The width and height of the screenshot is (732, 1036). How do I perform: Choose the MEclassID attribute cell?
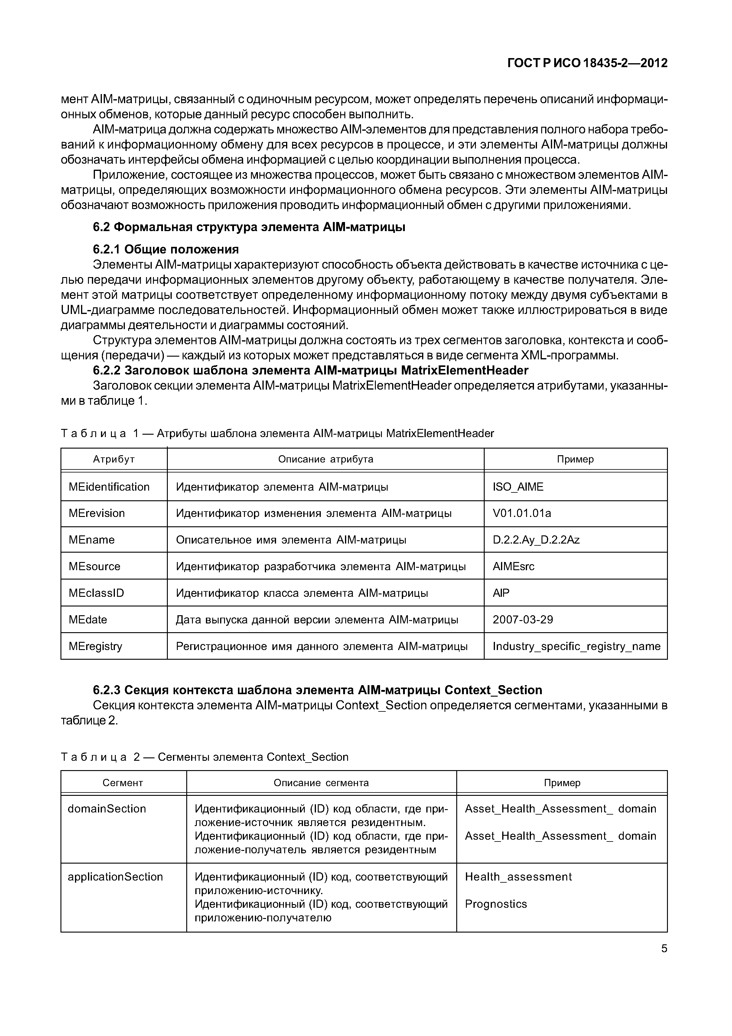pos(96,593)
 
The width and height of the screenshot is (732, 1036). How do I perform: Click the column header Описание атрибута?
pos(325,459)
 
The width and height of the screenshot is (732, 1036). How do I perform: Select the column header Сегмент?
pos(123,783)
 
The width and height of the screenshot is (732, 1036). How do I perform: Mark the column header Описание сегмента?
pos(321,783)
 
